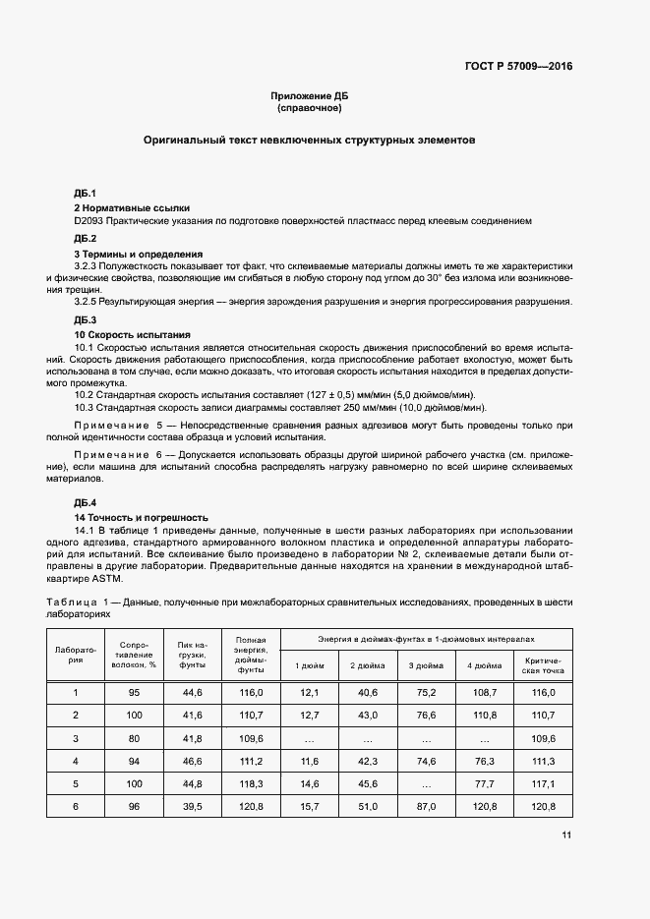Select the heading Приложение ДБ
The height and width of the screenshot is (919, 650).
click(310, 95)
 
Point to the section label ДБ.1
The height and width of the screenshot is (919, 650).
click(85, 193)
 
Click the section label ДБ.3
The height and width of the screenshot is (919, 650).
click(85, 320)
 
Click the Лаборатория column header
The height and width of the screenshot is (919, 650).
click(76, 655)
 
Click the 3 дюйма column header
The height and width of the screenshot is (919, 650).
click(426, 666)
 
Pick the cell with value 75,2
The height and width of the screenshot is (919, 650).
click(426, 693)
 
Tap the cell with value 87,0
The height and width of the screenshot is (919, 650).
click(426, 806)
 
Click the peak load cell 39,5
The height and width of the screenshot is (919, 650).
click(192, 806)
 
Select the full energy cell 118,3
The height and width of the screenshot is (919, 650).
click(251, 783)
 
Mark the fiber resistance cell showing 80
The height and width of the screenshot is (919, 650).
click(134, 738)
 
